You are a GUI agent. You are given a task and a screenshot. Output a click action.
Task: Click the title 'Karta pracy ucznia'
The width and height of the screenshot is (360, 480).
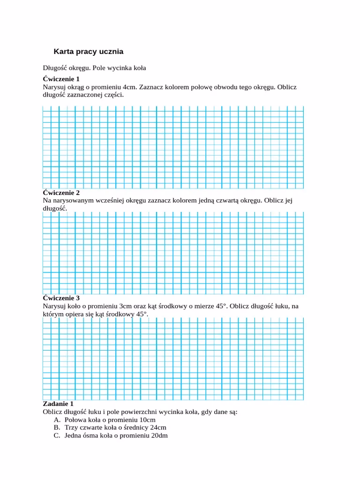(x=89, y=51)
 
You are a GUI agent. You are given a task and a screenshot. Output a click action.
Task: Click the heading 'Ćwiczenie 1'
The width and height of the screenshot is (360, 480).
(x=61, y=79)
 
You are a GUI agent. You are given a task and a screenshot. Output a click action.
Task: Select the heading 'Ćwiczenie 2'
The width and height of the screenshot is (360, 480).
(x=61, y=193)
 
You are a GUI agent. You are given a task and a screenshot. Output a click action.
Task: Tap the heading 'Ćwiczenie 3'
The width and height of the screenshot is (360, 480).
(x=61, y=298)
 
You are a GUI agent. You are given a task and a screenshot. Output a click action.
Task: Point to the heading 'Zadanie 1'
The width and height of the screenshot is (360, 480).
(x=58, y=404)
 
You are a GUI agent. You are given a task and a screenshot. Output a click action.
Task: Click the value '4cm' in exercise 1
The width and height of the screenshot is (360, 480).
(x=129, y=87)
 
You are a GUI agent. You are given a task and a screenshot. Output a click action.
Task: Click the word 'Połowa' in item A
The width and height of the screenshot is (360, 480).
(x=75, y=420)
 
